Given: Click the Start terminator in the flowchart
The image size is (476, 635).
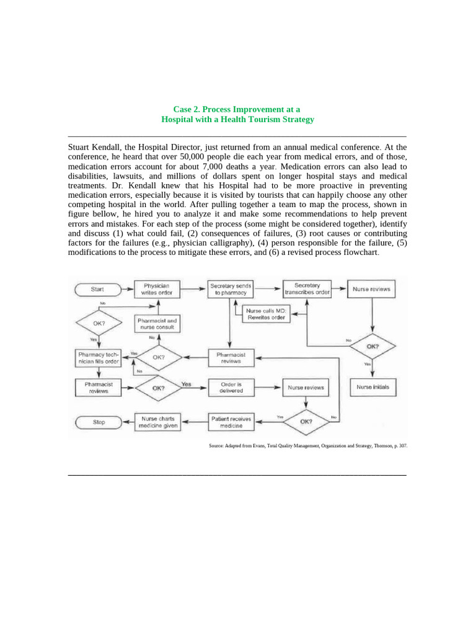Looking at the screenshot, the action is [98, 289].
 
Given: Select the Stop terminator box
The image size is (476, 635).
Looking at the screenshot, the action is [99, 422].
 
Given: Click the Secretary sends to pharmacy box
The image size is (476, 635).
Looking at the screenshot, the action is [230, 289].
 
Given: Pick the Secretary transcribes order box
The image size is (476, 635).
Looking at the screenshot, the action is [307, 289].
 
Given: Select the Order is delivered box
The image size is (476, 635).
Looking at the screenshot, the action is [231, 388].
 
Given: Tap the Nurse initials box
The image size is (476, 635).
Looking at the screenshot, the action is [372, 388].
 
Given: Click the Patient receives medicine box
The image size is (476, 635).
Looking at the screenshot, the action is [231, 422].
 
